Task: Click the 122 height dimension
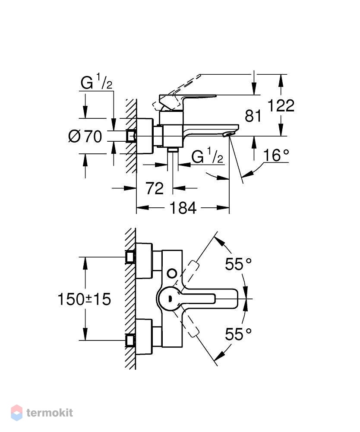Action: pyautogui.click(x=281, y=105)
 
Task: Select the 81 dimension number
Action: pyautogui.click(x=253, y=116)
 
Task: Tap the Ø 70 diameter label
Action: pyautogui.click(x=85, y=137)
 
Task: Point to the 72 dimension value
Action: pyautogui.click(x=155, y=188)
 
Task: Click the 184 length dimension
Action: pyautogui.click(x=183, y=208)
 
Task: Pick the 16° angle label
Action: pyautogui.click(x=276, y=155)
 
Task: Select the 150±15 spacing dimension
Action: pyautogui.click(x=84, y=299)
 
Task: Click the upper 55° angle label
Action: pyautogui.click(x=238, y=264)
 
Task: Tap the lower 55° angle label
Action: pyautogui.click(x=238, y=334)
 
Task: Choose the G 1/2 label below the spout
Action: pyautogui.click(x=207, y=156)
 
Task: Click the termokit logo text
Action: pyautogui.click(x=50, y=413)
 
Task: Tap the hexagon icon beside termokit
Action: pyautogui.click(x=16, y=413)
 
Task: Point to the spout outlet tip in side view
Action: pyautogui.click(x=228, y=134)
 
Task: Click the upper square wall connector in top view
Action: pyautogui.click(x=130, y=257)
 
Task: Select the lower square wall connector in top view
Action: pyautogui.click(x=130, y=340)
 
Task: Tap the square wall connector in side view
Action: pyautogui.click(x=131, y=136)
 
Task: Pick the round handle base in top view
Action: pyautogui.click(x=168, y=299)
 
